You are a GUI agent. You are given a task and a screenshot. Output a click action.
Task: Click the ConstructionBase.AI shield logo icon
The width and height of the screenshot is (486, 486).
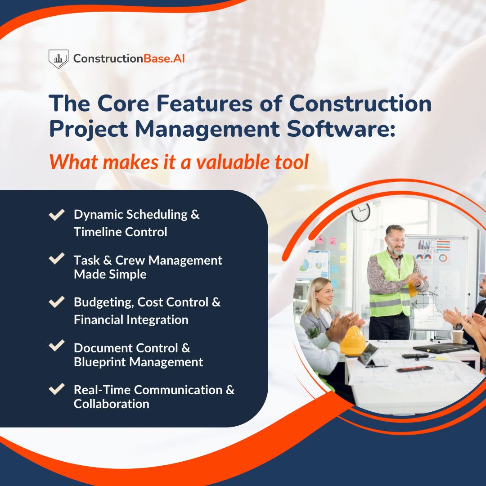point(58,59)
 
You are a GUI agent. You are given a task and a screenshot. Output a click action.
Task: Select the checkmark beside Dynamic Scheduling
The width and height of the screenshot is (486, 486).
point(56,215)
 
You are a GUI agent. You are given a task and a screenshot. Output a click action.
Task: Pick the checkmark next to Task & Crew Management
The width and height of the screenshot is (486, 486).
point(56,259)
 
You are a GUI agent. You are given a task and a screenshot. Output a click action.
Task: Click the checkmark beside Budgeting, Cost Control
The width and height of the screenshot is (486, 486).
point(56,302)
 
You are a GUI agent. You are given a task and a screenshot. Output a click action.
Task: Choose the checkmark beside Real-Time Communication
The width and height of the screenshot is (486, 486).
point(56,389)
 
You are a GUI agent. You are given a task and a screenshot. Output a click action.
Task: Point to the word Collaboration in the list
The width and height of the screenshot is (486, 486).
point(112,404)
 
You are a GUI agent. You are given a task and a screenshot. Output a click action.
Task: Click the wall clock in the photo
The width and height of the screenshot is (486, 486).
point(360,212)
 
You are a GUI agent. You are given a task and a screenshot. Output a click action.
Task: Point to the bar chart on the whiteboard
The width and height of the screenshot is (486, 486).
point(425,245)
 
